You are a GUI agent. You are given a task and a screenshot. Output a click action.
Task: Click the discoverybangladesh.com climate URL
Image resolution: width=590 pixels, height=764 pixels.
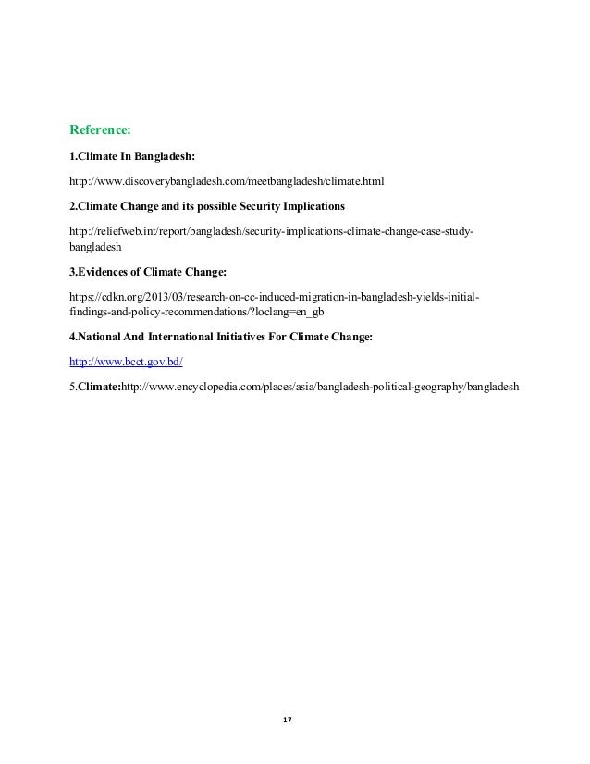pos(226,180)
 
